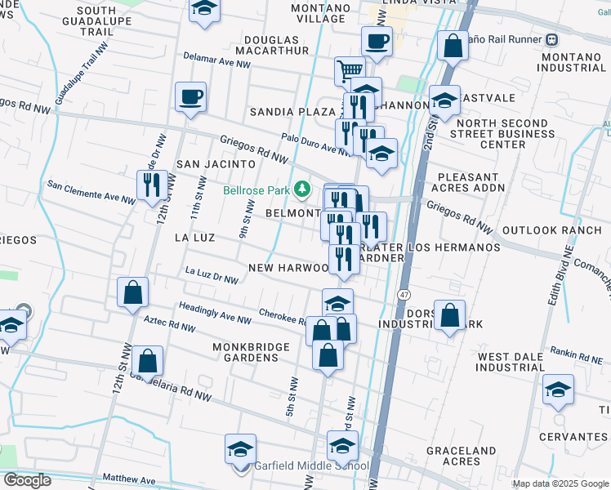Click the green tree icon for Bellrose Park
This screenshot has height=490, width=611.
(303, 190)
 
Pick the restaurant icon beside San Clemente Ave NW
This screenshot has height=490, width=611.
(152, 185)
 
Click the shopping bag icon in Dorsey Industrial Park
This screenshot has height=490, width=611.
(450, 314)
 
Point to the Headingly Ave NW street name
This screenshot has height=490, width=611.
(215, 313)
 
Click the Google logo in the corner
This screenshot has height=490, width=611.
(26, 480)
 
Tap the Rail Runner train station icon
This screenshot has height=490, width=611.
(552, 38)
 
